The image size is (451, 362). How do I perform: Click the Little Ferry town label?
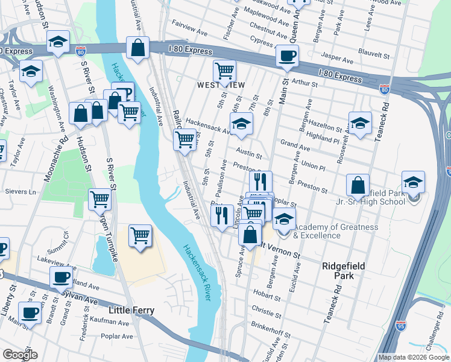point(131,311)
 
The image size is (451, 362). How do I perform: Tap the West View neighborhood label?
point(221,86)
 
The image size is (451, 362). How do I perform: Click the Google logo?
point(20,355)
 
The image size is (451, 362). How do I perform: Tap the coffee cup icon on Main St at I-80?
point(287,57)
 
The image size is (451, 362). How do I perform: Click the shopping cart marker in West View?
point(225,71)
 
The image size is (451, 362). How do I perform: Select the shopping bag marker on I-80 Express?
point(138,49)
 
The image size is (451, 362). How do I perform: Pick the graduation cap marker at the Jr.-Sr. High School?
point(413,182)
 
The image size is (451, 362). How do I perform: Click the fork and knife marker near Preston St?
point(260,181)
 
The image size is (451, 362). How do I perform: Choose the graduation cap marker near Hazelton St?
point(360,124)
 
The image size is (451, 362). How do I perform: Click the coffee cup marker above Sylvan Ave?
point(61,278)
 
